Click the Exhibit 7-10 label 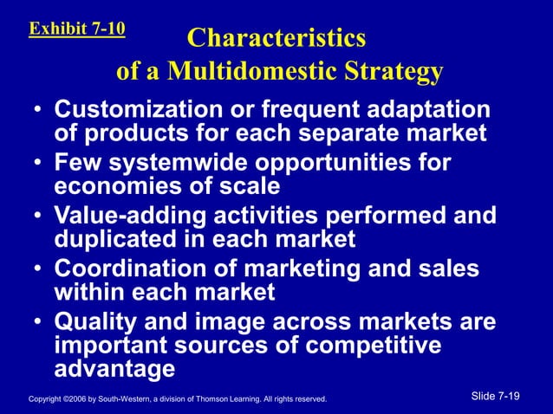77,28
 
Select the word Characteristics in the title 276,39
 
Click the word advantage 114,368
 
